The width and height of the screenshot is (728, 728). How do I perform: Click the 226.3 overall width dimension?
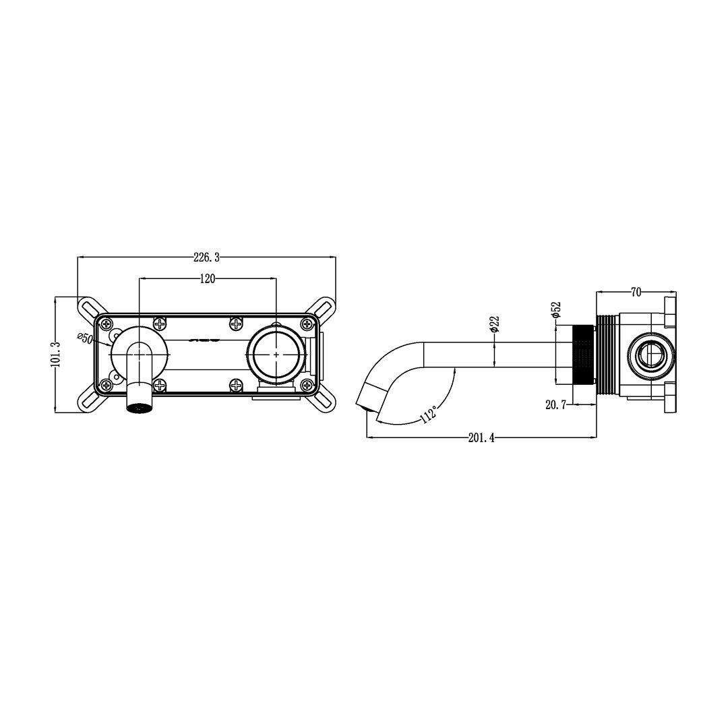tap(207, 257)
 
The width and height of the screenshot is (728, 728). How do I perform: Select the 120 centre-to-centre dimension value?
tap(208, 278)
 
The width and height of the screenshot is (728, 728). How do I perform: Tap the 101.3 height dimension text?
tap(56, 355)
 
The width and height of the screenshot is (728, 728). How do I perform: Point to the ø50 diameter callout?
tap(86, 338)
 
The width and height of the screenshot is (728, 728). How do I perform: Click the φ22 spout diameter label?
tap(495, 324)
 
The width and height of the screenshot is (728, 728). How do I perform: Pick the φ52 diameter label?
tap(556, 309)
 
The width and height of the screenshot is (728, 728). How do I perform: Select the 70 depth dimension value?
tap(636, 292)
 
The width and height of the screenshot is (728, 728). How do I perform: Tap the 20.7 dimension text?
tap(555, 405)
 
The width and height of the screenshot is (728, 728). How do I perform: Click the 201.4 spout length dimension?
tap(481, 437)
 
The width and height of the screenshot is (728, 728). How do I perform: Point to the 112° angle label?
tap(429, 414)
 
